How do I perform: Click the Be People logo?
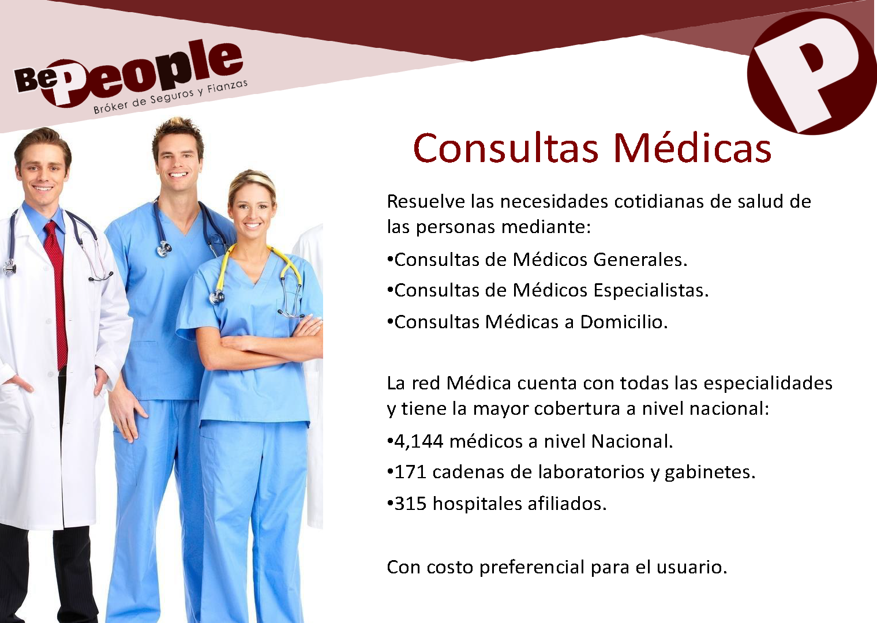point(129,76)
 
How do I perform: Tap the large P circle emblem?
point(812,73)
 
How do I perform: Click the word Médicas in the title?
point(692,148)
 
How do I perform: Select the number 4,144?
point(418,442)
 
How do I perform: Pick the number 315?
point(410,504)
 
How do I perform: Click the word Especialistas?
point(651,291)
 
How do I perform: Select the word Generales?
point(640,260)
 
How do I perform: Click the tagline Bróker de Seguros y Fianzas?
point(170,97)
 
